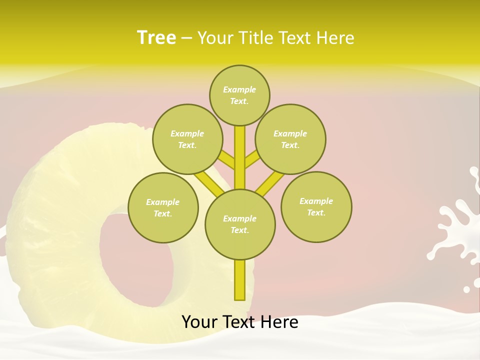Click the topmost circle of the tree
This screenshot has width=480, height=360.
pos(239,95)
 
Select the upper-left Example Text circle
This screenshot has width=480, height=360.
pos(187,139)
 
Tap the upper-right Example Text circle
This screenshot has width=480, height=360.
pos(290,139)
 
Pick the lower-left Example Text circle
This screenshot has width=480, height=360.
pos(163,207)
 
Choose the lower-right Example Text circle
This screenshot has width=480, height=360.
pos(316,206)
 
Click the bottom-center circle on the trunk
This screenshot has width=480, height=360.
pos(240,224)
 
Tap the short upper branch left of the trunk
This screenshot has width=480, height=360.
pos(226,159)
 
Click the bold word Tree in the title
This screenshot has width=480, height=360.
pos(156,37)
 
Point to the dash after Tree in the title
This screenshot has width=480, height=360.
pos(186,38)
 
